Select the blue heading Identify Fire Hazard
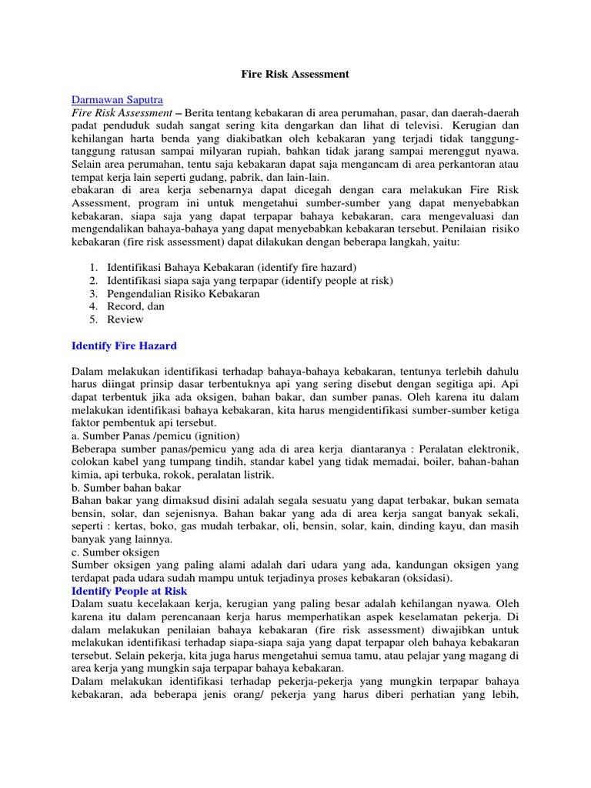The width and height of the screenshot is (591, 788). tap(124, 346)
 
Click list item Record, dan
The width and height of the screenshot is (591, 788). tap(136, 306)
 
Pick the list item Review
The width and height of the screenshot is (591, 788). tap(125, 319)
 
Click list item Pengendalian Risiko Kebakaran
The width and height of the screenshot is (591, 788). tap(183, 293)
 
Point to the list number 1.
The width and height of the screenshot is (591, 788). tap(92, 268)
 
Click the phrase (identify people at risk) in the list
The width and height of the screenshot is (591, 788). tap(334, 281)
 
